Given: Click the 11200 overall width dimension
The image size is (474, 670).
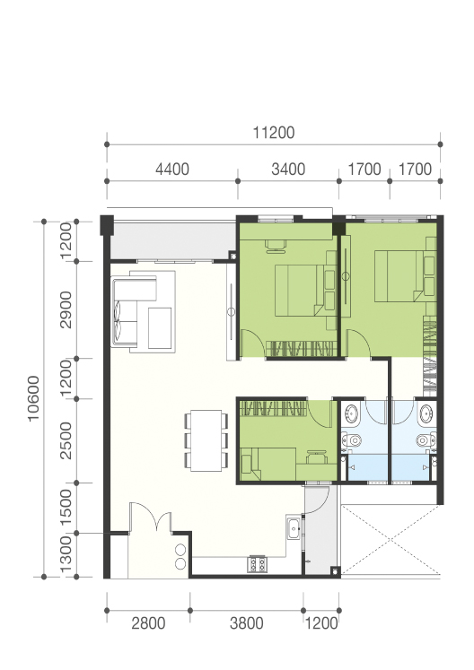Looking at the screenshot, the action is (x=274, y=133).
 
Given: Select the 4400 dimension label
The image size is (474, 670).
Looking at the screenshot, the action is (x=172, y=170).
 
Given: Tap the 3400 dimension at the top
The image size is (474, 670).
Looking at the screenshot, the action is (x=288, y=170).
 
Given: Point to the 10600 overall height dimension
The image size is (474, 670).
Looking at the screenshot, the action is (x=33, y=398).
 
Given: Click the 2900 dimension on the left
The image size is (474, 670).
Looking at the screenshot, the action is (x=66, y=309).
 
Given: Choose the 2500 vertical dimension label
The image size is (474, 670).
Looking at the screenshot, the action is (x=66, y=440).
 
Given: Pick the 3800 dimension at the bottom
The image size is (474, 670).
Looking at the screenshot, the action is (x=246, y=623).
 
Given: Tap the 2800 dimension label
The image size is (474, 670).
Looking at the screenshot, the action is (x=148, y=623).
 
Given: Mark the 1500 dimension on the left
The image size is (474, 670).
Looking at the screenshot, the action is (x=66, y=508).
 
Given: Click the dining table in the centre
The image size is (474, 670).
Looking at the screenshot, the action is (x=206, y=440).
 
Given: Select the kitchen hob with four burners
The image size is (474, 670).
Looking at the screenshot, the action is (x=257, y=564).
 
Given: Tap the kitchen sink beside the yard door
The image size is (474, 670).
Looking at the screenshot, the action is (x=294, y=527).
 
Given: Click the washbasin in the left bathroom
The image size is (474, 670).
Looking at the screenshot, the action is (x=351, y=414).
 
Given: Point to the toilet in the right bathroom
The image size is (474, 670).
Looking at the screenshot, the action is (x=426, y=439).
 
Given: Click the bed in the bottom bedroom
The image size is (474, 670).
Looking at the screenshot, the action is (x=268, y=464).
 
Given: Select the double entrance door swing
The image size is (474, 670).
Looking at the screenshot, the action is (x=151, y=517).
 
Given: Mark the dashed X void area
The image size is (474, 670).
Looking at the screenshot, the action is (x=391, y=540).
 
